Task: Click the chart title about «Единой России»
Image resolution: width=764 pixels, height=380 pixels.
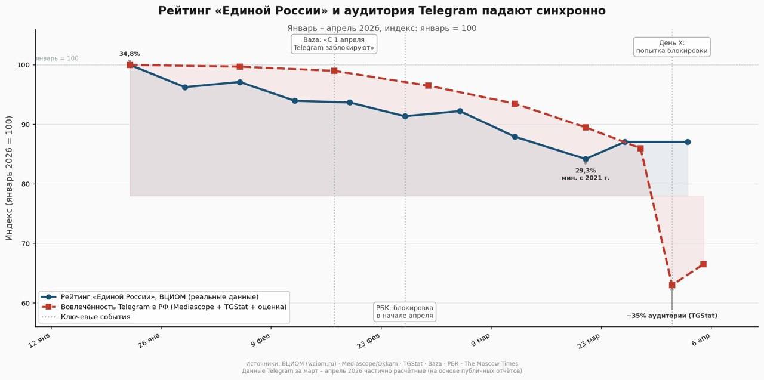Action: [382, 11]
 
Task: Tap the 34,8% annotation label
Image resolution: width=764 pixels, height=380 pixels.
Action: [130, 54]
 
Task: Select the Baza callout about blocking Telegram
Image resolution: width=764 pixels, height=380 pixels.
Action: [334, 44]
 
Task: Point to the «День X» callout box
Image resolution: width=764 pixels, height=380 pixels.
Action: [671, 47]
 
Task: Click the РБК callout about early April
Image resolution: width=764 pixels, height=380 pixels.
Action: [405, 311]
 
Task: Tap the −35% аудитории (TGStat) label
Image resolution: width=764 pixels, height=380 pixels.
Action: [671, 316]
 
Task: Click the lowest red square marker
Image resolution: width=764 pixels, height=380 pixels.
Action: [672, 285]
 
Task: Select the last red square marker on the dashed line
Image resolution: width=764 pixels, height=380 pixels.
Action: [703, 264]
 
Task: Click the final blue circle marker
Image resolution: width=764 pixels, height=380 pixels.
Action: [688, 142]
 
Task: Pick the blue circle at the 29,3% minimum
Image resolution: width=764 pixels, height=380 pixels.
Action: [586, 159]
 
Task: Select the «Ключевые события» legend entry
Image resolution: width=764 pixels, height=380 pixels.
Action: [95, 317]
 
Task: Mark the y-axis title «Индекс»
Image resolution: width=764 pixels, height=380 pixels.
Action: [9, 178]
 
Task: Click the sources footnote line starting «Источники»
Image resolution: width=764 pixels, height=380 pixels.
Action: [382, 364]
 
